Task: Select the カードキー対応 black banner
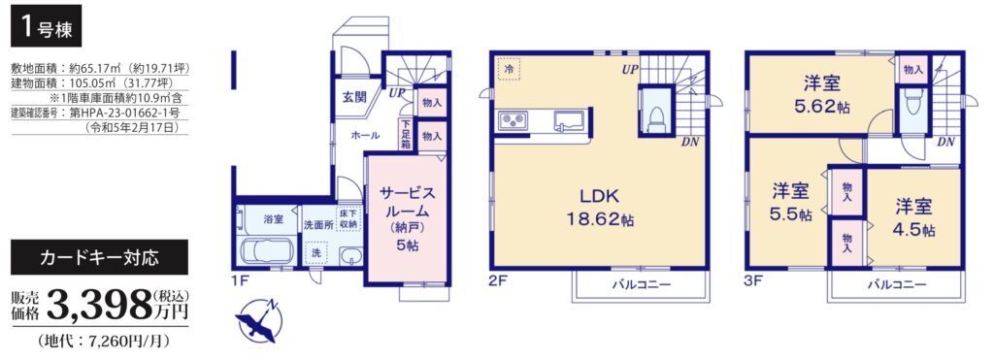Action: pyautogui.click(x=100, y=257)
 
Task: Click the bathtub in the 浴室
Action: pyautogui.click(x=266, y=249)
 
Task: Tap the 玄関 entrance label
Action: pyautogui.click(x=354, y=97)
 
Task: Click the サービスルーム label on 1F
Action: pyautogui.click(x=407, y=202)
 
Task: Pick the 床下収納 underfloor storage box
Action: pyautogui.click(x=348, y=218)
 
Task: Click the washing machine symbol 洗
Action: pyautogui.click(x=315, y=253)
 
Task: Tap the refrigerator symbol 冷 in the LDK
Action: pyautogui.click(x=509, y=69)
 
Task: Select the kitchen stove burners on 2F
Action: pyautogui.click(x=514, y=120)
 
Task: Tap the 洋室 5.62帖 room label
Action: pyautogui.click(x=823, y=93)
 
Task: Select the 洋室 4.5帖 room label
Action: pyautogui.click(x=913, y=217)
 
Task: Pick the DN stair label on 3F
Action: pyautogui.click(x=945, y=142)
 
